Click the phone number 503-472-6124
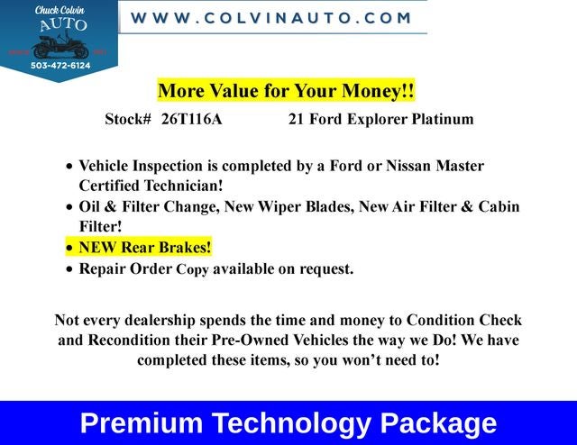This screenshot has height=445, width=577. pos(60,65)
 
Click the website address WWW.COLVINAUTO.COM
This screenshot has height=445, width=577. pos(271,18)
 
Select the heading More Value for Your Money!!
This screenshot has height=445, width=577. pos(286,91)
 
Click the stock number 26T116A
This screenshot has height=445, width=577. pos(191,119)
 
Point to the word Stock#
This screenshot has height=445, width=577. pos(128,119)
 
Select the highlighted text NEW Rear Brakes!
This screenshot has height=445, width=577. pos(145,247)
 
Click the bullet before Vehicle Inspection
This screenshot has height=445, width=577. pos(70,168)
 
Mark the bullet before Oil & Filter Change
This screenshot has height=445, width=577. pos(70,208)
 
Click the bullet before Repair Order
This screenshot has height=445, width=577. pos(70,269)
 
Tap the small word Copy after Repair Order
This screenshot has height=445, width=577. pos(192,269)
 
